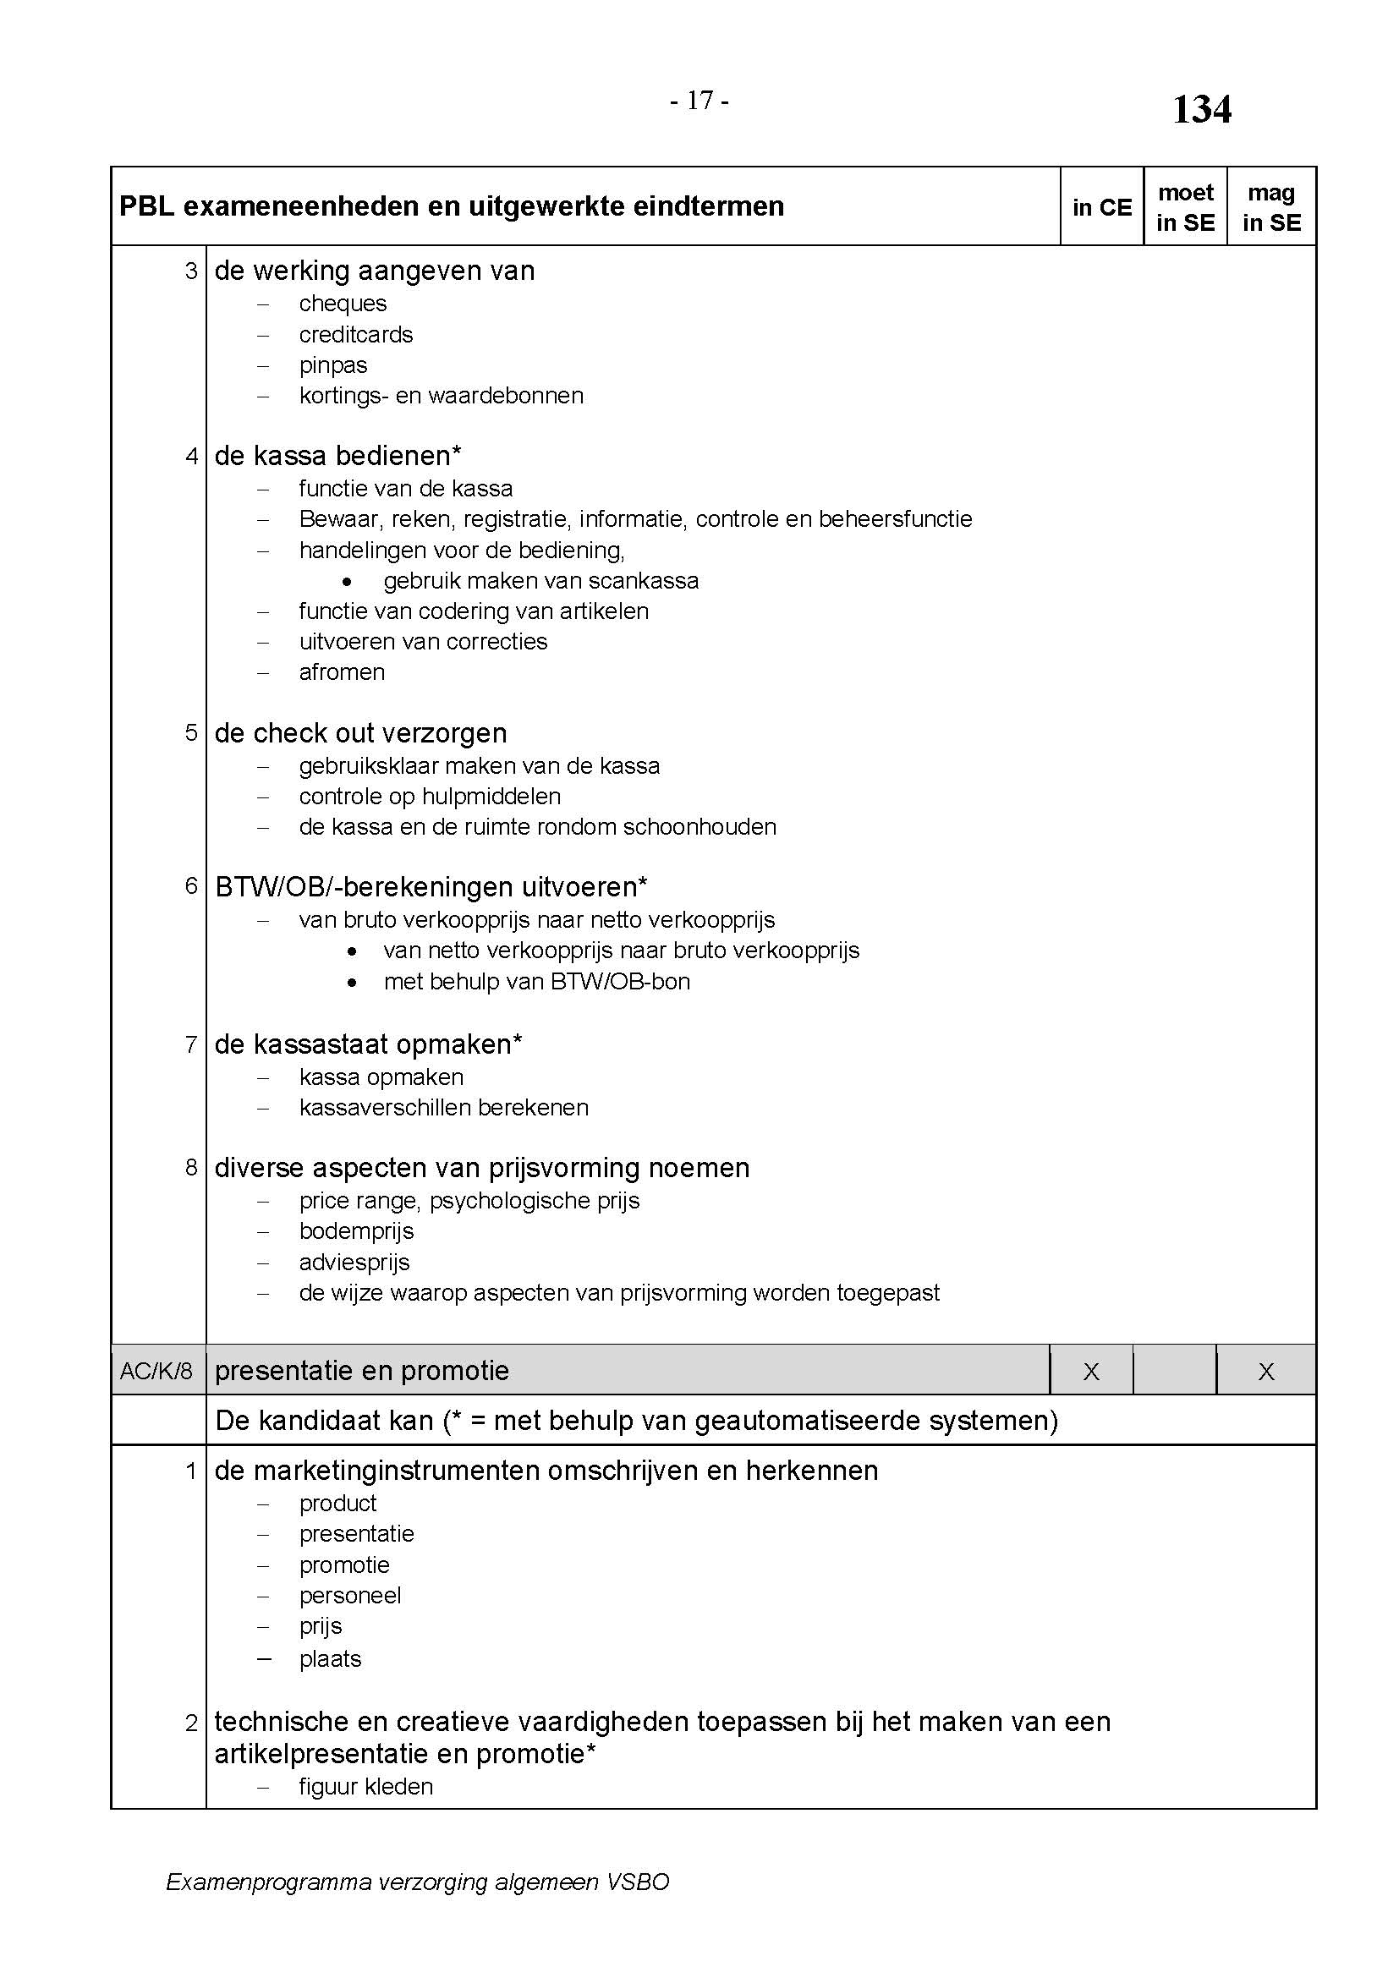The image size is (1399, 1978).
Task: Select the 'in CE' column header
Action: tap(1102, 208)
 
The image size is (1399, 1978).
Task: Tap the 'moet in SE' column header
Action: tap(1185, 208)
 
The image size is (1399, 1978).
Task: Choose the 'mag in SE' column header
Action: tap(1270, 208)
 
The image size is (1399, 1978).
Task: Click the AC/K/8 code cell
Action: tap(156, 1371)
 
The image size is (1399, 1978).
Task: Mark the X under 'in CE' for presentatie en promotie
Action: tap(1090, 1372)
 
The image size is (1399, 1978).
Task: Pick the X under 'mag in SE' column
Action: tap(1265, 1372)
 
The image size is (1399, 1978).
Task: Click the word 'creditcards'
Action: tap(356, 334)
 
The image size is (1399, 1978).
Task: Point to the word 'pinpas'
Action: tap(333, 365)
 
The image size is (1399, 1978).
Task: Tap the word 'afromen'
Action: tap(342, 672)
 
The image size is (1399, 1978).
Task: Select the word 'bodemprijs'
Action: tap(357, 1231)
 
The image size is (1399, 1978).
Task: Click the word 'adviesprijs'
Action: tap(354, 1262)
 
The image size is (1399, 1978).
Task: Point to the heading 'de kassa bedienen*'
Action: tap(337, 455)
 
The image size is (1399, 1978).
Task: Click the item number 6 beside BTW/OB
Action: tap(191, 885)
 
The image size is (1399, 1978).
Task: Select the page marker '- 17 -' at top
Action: tap(699, 101)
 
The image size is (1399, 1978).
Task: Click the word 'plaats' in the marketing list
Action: tap(330, 1659)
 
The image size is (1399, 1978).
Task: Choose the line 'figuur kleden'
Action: tap(366, 1787)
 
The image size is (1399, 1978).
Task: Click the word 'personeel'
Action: tap(350, 1596)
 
